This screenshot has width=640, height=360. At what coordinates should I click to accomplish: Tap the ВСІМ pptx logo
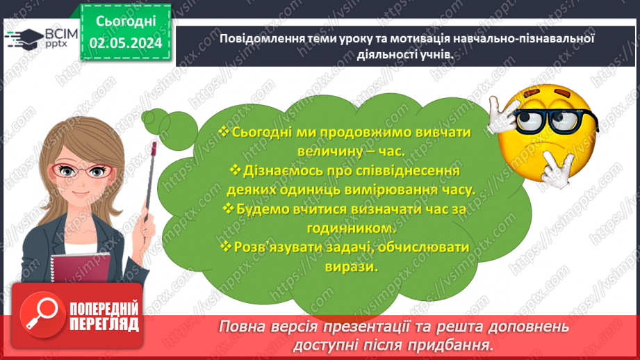tap(41, 38)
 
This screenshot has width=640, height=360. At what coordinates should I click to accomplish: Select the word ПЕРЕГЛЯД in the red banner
tap(103, 325)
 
